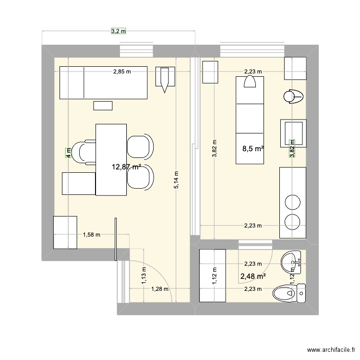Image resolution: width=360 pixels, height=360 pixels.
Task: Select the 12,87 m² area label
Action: pos(126,167)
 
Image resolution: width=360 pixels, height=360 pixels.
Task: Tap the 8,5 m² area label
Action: pos(253,149)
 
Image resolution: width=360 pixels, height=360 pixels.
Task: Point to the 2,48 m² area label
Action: pos(253,276)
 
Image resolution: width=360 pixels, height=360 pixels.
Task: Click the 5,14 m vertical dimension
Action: pos(177,180)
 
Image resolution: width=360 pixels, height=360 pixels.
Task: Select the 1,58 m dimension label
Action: pos(91,235)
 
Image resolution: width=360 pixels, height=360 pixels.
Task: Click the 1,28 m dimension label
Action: pos(160,289)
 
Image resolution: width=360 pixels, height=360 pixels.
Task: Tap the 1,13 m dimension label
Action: pos(144,276)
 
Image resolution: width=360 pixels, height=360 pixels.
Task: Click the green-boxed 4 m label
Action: pos(69,153)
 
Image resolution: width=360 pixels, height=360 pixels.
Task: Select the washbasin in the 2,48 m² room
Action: pos(292,262)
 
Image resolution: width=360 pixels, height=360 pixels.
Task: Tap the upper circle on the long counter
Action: pos(292,202)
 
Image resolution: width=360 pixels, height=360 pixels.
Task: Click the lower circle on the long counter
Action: pos(292,221)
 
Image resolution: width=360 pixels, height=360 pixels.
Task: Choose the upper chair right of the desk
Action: pos(140,145)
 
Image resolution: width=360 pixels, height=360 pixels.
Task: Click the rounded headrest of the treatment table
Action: pos(250,83)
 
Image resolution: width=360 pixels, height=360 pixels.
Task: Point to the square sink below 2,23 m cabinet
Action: pos(293,131)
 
